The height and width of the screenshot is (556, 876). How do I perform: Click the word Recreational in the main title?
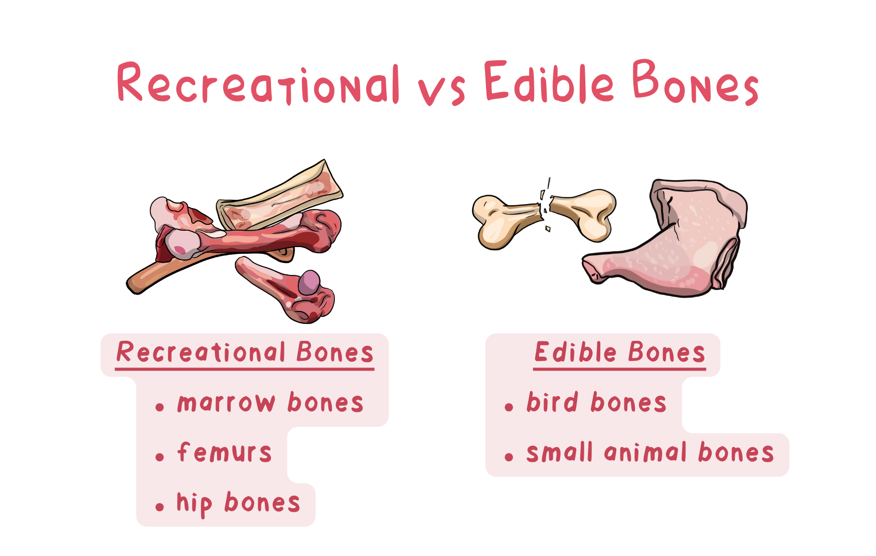point(258,83)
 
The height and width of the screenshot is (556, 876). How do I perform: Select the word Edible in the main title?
point(549,81)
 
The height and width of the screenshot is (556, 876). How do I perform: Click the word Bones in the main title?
point(696,82)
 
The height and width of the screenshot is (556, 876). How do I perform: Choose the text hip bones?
point(238,504)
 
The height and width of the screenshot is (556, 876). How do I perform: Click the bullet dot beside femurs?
point(160,457)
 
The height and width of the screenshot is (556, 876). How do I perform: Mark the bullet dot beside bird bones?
point(509,408)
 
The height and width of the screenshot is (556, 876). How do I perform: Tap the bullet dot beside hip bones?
point(160,507)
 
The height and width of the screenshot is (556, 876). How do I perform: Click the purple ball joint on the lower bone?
point(309,282)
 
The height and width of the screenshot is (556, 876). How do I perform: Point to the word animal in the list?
point(645,452)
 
